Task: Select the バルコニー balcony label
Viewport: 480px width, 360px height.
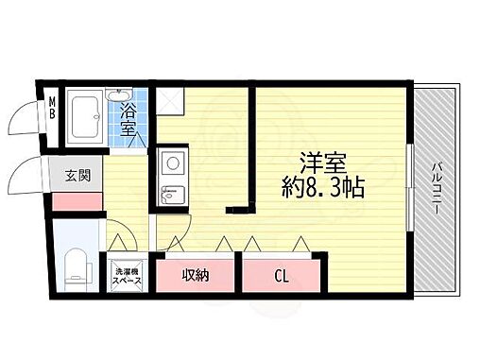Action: tap(437, 189)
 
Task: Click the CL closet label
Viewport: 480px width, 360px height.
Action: tap(282, 276)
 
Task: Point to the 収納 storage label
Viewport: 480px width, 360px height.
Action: tap(196, 276)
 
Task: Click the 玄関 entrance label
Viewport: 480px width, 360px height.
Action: tap(77, 176)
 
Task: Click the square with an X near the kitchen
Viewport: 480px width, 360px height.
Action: tap(169, 99)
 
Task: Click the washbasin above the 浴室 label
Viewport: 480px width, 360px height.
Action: tap(120, 95)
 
